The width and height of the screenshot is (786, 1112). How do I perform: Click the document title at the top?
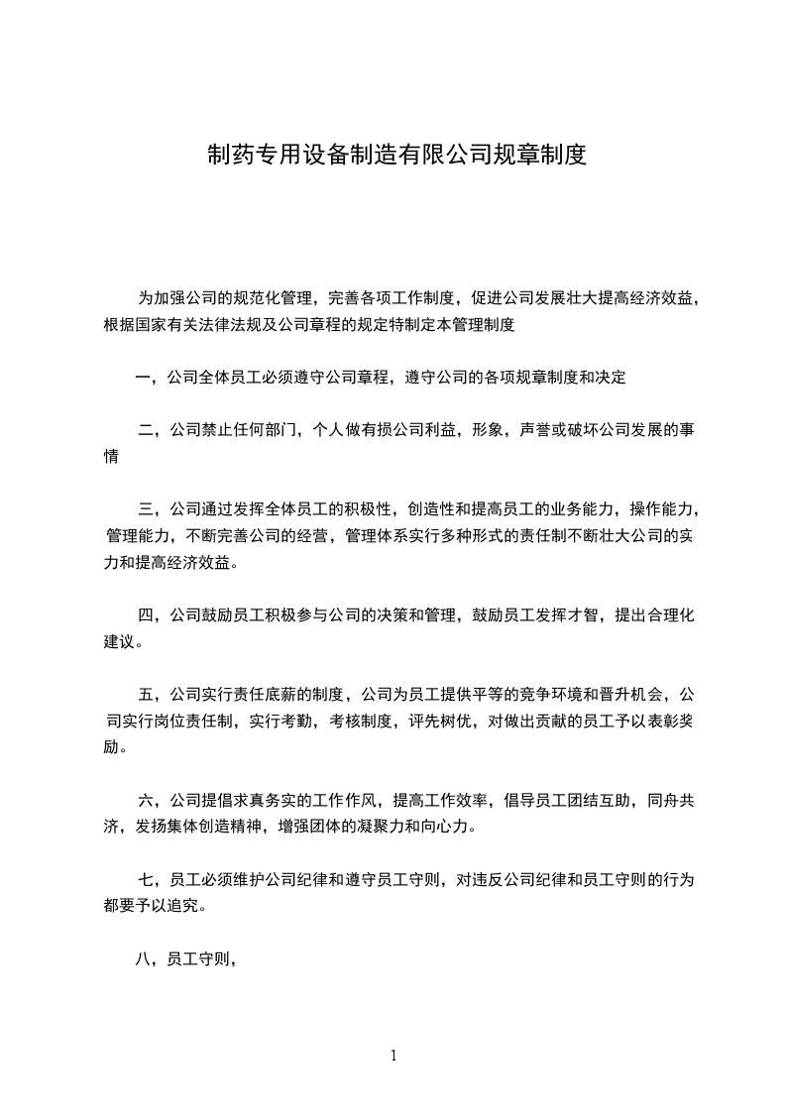(x=396, y=155)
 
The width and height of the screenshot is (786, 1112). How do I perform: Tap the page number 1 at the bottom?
(x=393, y=1056)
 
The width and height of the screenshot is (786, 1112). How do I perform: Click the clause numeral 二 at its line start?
(x=147, y=430)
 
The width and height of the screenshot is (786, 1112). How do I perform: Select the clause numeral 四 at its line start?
(x=147, y=615)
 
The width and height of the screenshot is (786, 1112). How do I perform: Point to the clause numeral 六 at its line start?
(x=147, y=799)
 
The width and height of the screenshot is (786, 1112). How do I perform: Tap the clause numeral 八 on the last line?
(x=143, y=958)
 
